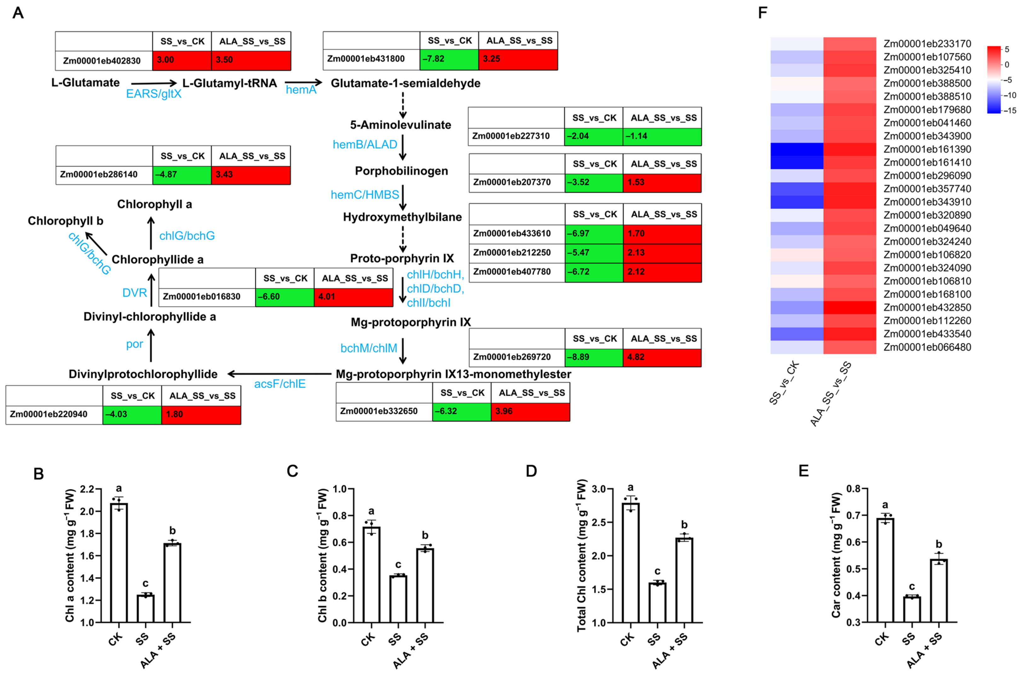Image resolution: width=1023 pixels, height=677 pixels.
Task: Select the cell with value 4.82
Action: [x=662, y=357]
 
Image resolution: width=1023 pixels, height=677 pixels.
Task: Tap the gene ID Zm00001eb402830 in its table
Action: [x=102, y=61]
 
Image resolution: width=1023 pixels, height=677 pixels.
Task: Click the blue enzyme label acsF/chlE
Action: [x=280, y=383]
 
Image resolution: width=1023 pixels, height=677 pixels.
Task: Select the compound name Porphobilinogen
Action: [x=401, y=171]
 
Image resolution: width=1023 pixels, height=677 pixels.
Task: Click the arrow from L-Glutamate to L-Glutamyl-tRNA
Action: [x=154, y=83]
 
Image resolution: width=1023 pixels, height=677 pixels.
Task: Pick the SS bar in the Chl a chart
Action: [x=146, y=609]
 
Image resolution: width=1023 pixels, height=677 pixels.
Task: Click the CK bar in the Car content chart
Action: [x=885, y=570]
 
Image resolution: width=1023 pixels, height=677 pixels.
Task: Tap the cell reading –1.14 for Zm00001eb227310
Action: [x=662, y=136]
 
